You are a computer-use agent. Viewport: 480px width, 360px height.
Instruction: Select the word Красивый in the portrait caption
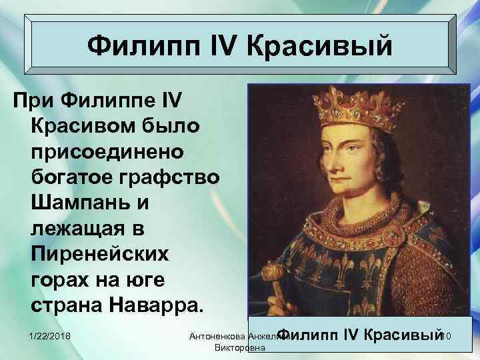(x=403, y=333)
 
